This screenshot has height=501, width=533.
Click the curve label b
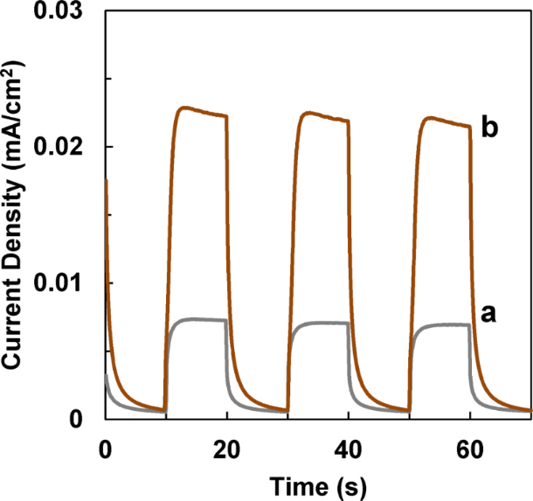pyautogui.click(x=490, y=129)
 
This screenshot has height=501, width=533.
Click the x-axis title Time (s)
pyautogui.click(x=318, y=483)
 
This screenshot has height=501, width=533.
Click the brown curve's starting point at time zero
pyautogui.click(x=106, y=180)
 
